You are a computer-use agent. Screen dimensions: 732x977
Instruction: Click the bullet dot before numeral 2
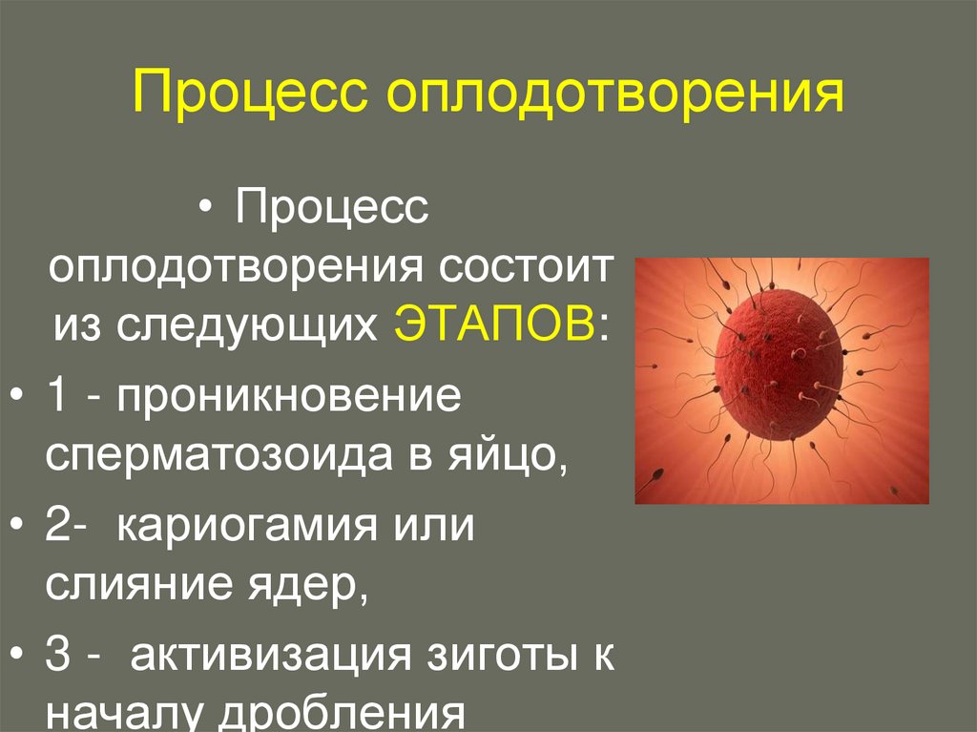click(x=21, y=528)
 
